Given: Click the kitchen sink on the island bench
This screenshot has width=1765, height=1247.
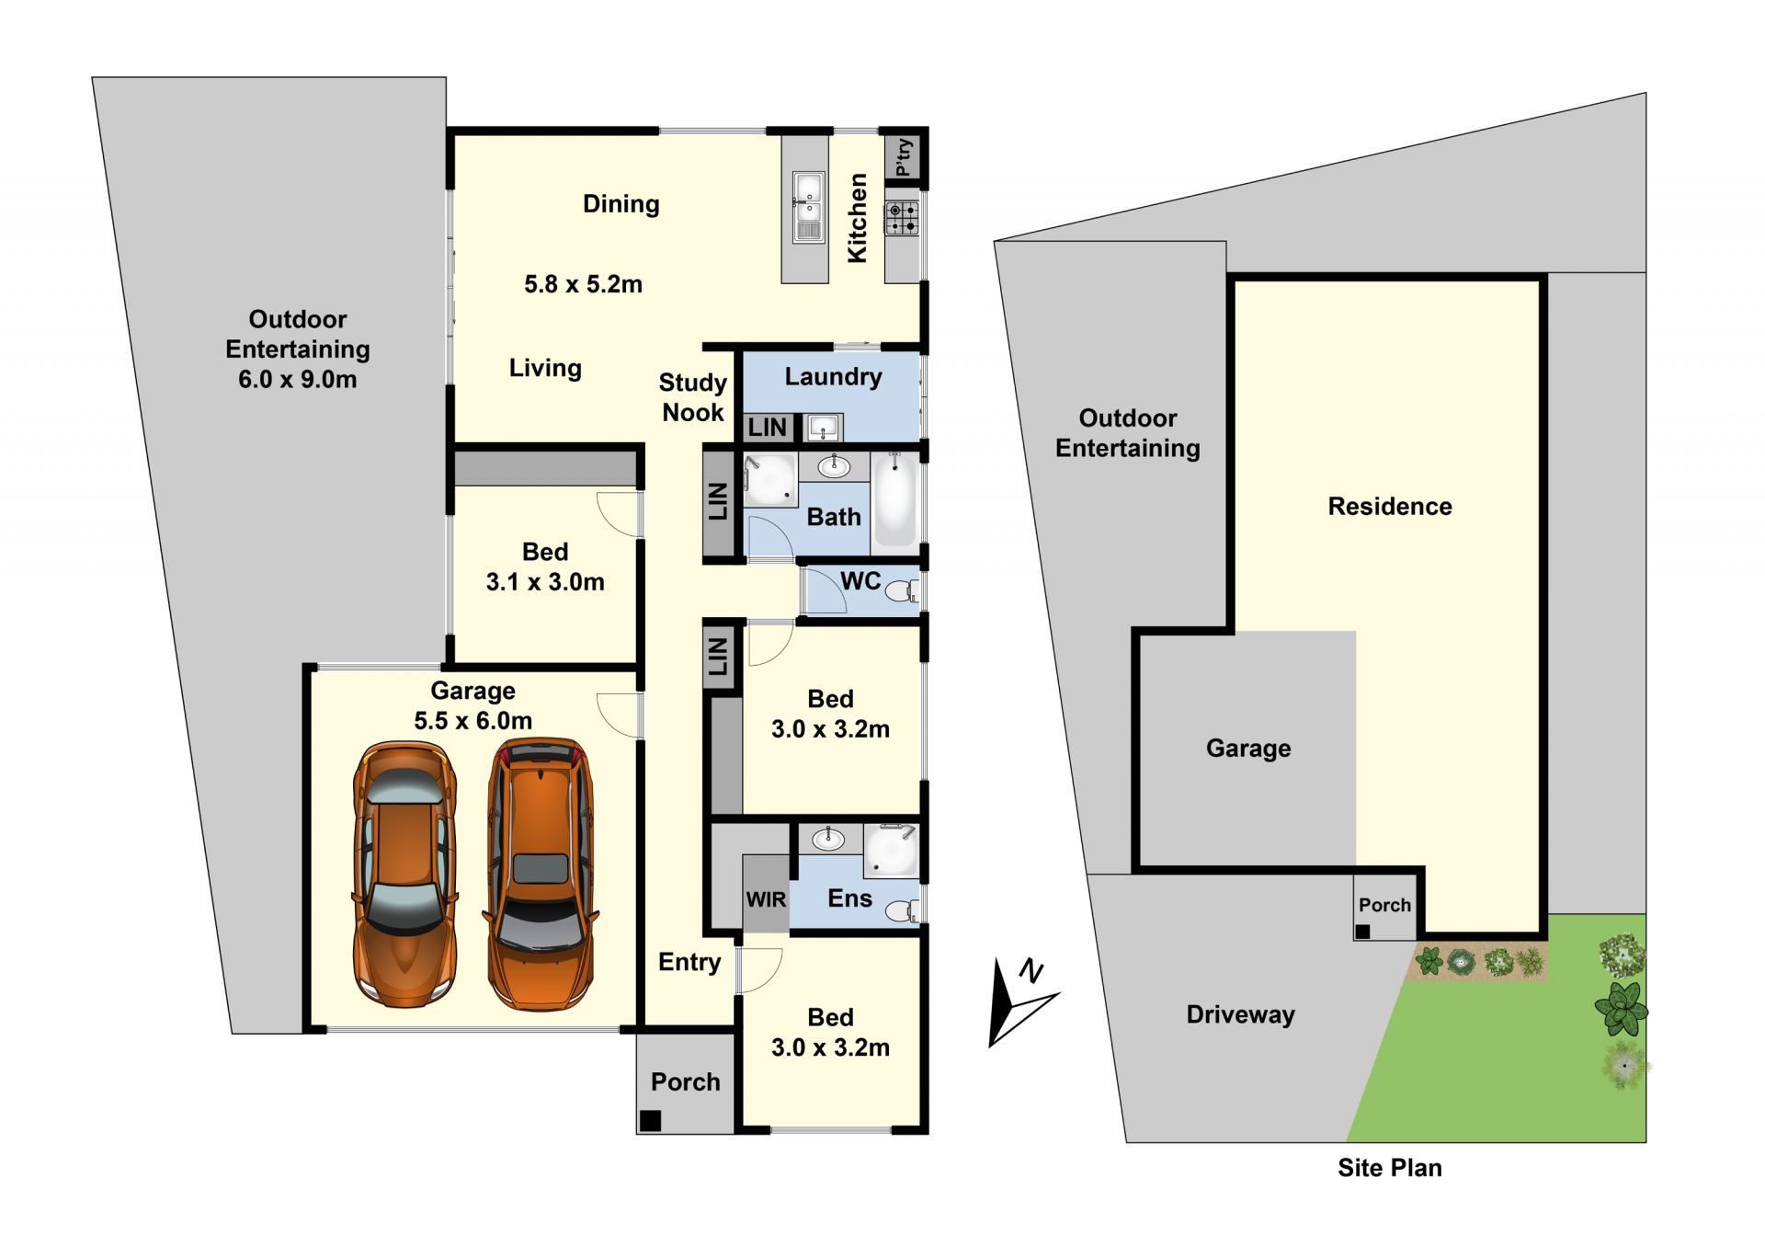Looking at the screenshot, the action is [x=808, y=207].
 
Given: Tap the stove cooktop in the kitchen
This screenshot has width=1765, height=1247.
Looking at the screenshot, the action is [x=902, y=218].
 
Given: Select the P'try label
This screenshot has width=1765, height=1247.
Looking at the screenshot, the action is [x=904, y=157].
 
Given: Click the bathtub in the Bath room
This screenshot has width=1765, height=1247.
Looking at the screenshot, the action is [x=894, y=500].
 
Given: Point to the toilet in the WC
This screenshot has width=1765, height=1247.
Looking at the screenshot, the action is [x=903, y=591].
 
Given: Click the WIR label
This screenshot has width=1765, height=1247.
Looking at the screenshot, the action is [x=766, y=899].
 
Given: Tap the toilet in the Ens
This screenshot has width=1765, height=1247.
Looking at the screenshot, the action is [x=903, y=910].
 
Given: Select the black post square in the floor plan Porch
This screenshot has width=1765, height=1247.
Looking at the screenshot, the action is [x=650, y=1120].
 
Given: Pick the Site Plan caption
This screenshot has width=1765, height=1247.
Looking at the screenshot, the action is [x=1389, y=1168].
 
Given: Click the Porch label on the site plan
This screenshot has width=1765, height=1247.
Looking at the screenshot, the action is [x=1384, y=905].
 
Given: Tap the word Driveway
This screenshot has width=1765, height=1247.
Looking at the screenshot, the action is [x=1240, y=1014].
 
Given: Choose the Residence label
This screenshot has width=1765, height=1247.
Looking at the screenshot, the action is [x=1390, y=506].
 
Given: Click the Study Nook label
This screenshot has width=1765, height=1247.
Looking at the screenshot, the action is [x=693, y=397].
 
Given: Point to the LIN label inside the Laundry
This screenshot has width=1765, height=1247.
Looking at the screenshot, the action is [x=767, y=428].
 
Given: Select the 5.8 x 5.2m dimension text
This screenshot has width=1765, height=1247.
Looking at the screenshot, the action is [x=583, y=284].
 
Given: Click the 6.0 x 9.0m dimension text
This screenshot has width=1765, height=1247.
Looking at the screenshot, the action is [x=298, y=379].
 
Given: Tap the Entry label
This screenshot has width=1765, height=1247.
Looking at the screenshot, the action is [x=689, y=963].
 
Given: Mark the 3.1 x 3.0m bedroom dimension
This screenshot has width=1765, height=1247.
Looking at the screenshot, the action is [x=545, y=582].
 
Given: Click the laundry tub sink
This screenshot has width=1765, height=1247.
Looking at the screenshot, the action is [x=823, y=428].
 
